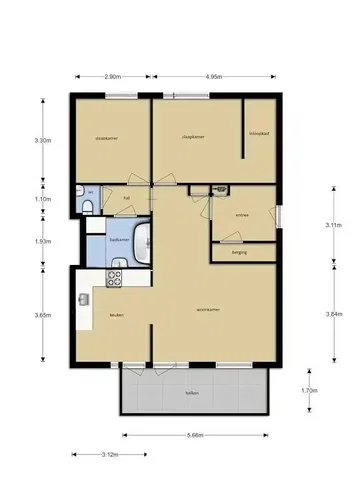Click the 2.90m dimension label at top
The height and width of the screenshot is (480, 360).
(112, 75)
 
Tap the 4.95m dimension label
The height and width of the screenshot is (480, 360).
(213, 75)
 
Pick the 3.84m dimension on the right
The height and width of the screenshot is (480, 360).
(334, 314)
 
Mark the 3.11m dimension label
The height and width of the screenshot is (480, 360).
(334, 227)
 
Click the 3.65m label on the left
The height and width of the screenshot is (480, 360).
(43, 315)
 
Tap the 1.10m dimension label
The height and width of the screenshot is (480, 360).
(43, 199)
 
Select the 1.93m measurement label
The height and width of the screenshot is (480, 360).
(43, 241)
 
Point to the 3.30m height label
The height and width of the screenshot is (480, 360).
(43, 141)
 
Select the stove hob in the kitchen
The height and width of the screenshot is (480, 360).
(116, 277)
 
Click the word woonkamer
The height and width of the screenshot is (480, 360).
(208, 310)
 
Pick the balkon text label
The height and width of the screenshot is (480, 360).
(191, 394)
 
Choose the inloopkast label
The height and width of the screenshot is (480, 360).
(256, 133)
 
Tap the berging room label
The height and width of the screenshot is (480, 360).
(239, 253)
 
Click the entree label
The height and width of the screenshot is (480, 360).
(241, 214)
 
